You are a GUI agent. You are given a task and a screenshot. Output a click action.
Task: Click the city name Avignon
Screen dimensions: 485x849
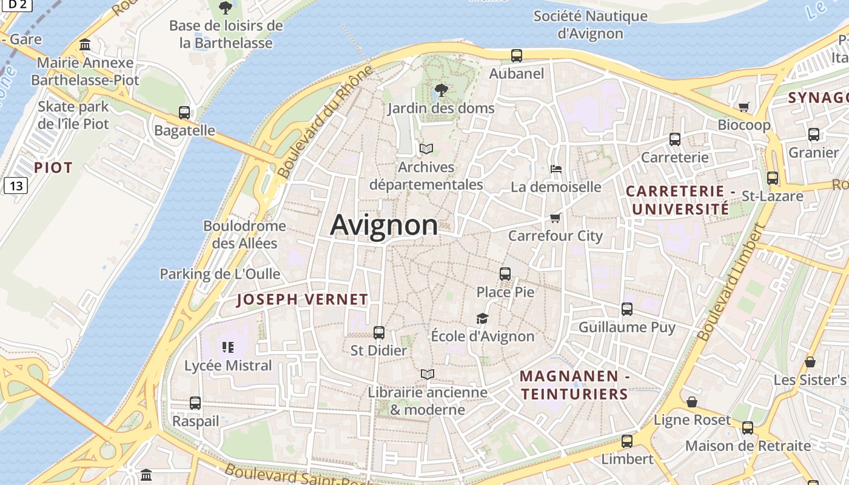[x=384, y=225]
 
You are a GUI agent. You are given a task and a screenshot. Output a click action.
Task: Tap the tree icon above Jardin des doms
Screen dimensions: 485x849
[x=441, y=91]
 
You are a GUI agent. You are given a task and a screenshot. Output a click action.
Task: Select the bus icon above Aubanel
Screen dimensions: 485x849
[x=517, y=56]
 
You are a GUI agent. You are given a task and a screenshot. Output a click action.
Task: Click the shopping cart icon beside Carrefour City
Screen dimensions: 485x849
[x=555, y=218]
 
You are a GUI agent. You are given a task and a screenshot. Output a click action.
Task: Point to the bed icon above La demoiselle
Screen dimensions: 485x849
[x=555, y=169]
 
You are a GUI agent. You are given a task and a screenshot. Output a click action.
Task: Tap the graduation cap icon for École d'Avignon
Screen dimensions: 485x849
[x=482, y=318]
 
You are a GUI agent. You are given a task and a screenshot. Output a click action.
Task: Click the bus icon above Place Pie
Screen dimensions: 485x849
[x=505, y=274]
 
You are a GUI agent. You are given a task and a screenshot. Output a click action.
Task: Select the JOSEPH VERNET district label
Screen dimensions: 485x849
[x=302, y=299]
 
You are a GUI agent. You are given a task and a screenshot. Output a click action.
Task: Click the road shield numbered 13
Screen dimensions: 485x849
[x=15, y=186]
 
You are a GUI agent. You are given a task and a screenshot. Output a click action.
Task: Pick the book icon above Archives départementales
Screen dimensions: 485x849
[x=426, y=149]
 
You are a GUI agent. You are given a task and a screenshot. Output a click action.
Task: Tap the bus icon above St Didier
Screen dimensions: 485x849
[x=379, y=333]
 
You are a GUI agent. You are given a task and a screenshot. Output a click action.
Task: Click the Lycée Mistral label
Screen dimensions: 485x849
[x=228, y=366]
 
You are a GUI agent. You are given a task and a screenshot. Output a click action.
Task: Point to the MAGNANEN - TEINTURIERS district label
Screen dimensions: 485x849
[x=574, y=385]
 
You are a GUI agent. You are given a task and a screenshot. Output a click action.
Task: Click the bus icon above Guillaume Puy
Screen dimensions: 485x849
[x=627, y=309]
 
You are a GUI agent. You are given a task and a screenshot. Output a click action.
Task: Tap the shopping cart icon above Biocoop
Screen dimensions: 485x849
[x=743, y=107]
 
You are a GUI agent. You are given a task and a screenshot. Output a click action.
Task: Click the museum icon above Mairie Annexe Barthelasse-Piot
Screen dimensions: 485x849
[x=85, y=45]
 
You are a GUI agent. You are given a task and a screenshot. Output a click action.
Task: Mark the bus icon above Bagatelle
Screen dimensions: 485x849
[x=184, y=113]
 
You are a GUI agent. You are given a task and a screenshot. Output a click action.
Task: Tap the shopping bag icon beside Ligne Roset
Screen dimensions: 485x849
[x=692, y=402]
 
